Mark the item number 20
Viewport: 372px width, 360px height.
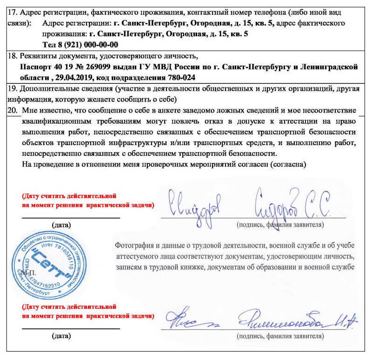[x=13, y=111]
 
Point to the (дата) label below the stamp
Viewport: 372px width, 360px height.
[x=61, y=335]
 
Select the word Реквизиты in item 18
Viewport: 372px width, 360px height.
[x=34, y=56]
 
